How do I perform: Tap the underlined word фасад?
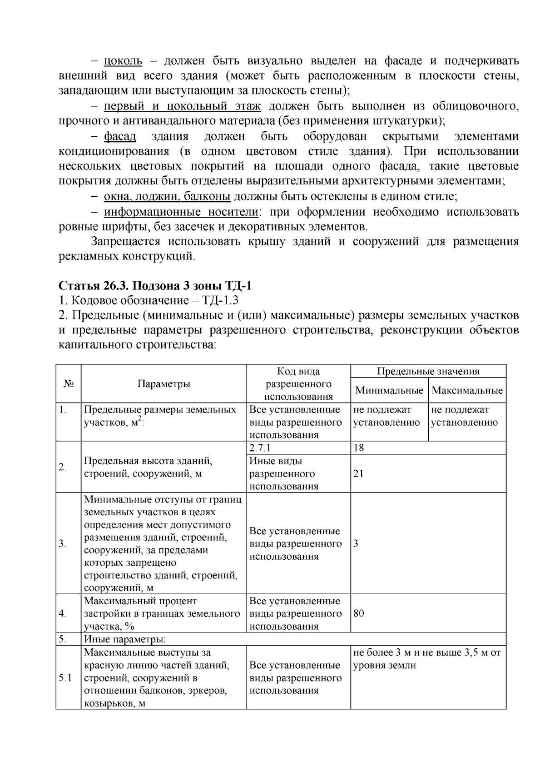click(x=120, y=136)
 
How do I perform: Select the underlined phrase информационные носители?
click(x=181, y=212)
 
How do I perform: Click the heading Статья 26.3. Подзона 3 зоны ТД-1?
click(x=155, y=286)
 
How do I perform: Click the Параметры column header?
click(x=163, y=384)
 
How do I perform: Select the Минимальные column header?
click(x=389, y=390)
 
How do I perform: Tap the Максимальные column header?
click(x=467, y=390)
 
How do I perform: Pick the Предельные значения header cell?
click(x=428, y=371)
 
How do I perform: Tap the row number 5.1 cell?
click(x=65, y=678)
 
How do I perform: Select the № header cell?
click(x=69, y=384)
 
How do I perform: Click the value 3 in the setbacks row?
click(x=356, y=543)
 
